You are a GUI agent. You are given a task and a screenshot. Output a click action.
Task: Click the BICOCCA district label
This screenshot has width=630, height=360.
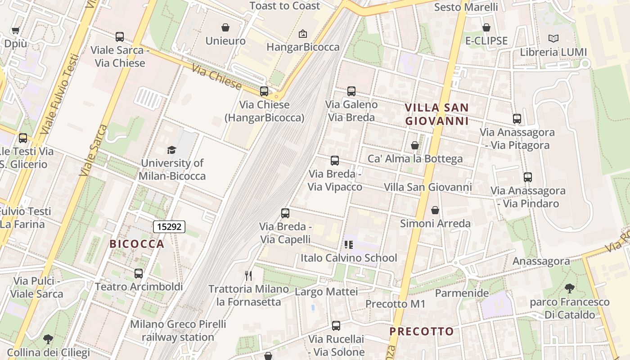tap(137, 244)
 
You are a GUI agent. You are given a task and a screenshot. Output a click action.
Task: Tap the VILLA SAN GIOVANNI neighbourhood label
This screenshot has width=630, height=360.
tap(437, 114)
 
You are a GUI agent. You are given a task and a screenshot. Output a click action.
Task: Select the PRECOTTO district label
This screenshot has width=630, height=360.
tap(422, 332)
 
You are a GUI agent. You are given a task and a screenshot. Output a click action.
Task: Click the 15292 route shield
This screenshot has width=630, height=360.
tap(169, 227)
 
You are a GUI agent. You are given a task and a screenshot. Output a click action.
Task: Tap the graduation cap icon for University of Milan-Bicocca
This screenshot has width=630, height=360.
tap(171, 150)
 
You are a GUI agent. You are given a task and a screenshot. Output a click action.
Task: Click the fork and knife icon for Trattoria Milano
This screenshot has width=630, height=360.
tap(248, 275)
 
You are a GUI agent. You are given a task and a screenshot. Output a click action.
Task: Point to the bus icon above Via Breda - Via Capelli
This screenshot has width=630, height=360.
tap(285, 213)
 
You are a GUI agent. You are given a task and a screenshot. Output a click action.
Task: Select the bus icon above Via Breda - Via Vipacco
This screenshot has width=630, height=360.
tap(335, 160)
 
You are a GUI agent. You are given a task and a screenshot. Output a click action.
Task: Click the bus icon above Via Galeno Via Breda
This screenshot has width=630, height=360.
tap(351, 91)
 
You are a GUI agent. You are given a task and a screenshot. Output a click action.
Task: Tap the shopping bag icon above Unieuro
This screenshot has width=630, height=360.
tap(225, 27)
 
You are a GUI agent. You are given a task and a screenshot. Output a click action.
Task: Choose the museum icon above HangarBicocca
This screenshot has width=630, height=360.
tap(303, 34)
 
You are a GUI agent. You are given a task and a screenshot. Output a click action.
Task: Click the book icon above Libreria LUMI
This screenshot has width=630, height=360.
tap(553, 39)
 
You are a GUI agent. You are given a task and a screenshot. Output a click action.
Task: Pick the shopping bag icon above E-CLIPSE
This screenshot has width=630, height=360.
tap(486, 27)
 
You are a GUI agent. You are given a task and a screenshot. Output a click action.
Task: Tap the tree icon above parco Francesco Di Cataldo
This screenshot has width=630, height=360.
tap(570, 288)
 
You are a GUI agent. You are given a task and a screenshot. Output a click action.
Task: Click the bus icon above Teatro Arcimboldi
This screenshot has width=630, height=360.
tap(139, 273)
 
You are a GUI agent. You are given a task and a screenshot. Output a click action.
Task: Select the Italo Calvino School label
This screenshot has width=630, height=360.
tap(349, 258)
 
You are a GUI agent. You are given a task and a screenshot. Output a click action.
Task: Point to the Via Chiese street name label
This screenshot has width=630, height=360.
tap(216, 77)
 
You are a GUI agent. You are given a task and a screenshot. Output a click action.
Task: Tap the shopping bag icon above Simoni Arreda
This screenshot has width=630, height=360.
tap(435, 210)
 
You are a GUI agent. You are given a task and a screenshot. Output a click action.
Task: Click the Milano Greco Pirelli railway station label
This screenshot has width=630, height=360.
tap(178, 330)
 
